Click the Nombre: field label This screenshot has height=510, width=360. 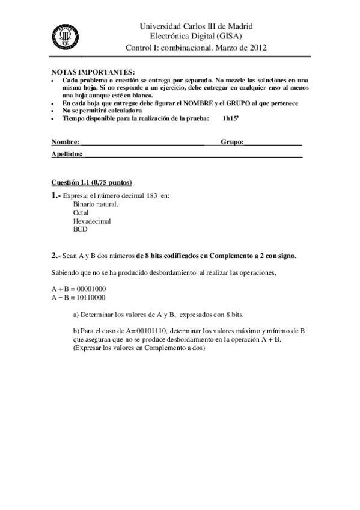click(x=66, y=143)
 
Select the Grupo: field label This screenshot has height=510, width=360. click(x=232, y=143)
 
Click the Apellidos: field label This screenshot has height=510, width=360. click(x=68, y=155)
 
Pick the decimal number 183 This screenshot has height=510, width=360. click(x=152, y=196)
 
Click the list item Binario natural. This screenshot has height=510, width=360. click(x=96, y=204)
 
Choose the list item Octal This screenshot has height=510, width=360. click(x=81, y=213)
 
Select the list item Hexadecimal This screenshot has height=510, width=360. click(x=92, y=221)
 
